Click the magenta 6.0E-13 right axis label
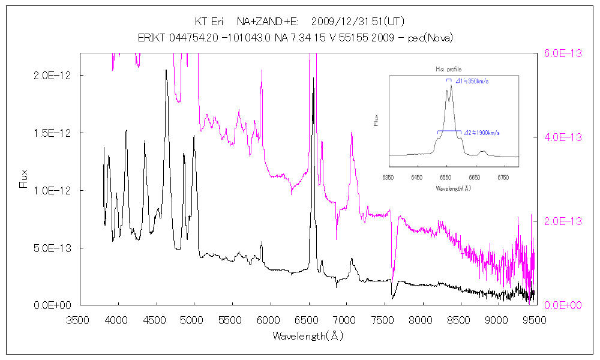click(563, 53)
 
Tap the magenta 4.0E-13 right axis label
click(563, 137)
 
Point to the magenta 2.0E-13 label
click(563, 221)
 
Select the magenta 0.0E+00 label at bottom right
click(563, 305)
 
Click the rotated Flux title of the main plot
click(24, 178)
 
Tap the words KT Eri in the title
click(209, 22)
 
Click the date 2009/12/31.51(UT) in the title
click(358, 22)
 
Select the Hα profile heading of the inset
click(448, 70)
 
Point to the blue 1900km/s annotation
click(482, 133)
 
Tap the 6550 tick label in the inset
click(445, 178)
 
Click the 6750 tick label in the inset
click(503, 178)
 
